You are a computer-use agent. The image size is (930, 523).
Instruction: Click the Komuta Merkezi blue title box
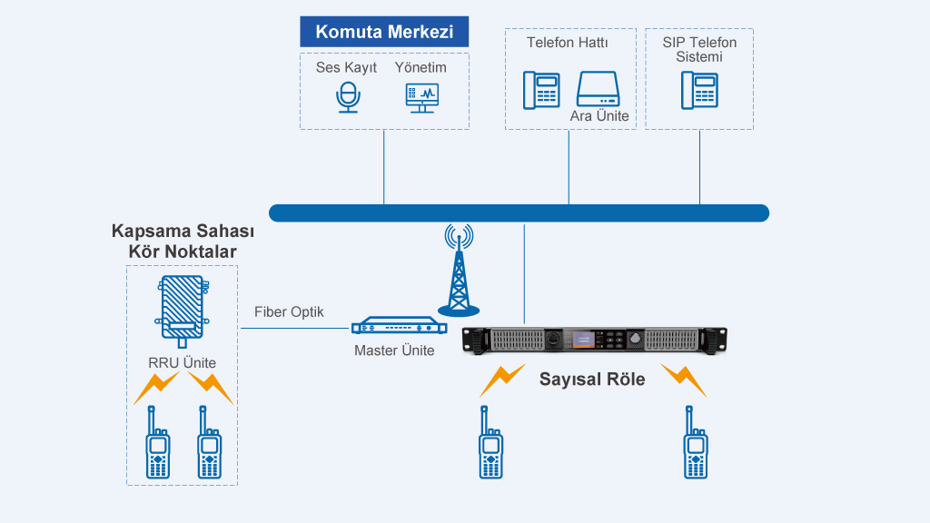[384, 32]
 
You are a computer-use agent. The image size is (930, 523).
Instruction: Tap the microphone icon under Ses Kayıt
[347, 97]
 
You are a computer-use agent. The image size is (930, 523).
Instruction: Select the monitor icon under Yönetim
[421, 97]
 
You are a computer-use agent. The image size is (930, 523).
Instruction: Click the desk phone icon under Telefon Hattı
[540, 89]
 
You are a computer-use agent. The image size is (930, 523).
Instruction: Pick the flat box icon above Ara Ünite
[598, 90]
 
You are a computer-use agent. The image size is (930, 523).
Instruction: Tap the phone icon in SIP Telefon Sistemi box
[699, 90]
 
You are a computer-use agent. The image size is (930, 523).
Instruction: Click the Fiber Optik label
[289, 312]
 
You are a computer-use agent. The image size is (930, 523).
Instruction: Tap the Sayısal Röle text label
[592, 379]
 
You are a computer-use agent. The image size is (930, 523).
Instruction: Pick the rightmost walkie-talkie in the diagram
[696, 444]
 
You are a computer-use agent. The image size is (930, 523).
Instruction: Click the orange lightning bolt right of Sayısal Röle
[683, 380]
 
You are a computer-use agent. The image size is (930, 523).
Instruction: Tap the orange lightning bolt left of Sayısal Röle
[502, 380]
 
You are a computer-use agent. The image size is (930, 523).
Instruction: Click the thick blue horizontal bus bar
[519, 213]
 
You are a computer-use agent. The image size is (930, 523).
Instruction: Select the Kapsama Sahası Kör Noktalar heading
[182, 242]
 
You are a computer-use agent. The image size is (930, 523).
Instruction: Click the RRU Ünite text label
[183, 363]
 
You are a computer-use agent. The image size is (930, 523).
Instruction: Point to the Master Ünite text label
[394, 350]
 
